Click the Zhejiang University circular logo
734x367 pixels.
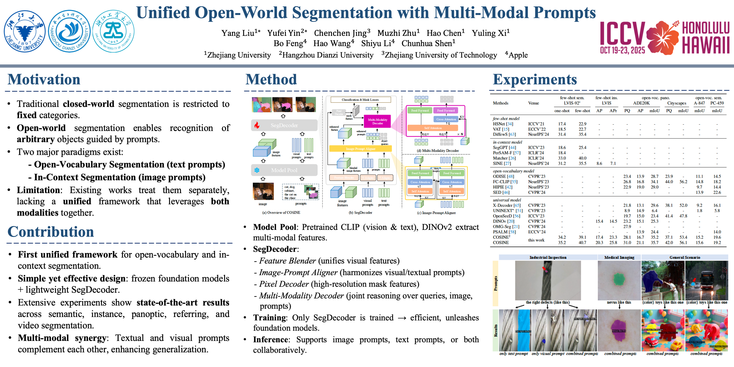[x=25, y=31]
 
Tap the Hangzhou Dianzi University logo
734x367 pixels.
[x=69, y=31]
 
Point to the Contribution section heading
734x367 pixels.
[x=50, y=231]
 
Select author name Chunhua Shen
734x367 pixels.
[x=428, y=44]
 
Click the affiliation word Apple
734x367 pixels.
[x=518, y=55]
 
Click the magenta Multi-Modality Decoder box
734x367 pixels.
[x=377, y=121]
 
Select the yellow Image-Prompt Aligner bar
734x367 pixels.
[x=360, y=149]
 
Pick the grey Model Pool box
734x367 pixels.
[x=284, y=170]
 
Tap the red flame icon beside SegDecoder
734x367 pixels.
[x=257, y=125]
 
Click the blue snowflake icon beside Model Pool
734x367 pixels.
[x=257, y=170]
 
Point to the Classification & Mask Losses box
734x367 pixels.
[x=360, y=100]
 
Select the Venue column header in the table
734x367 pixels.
[x=533, y=103]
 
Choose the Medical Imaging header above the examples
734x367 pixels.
[x=619, y=257]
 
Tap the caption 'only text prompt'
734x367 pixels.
[x=514, y=354]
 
